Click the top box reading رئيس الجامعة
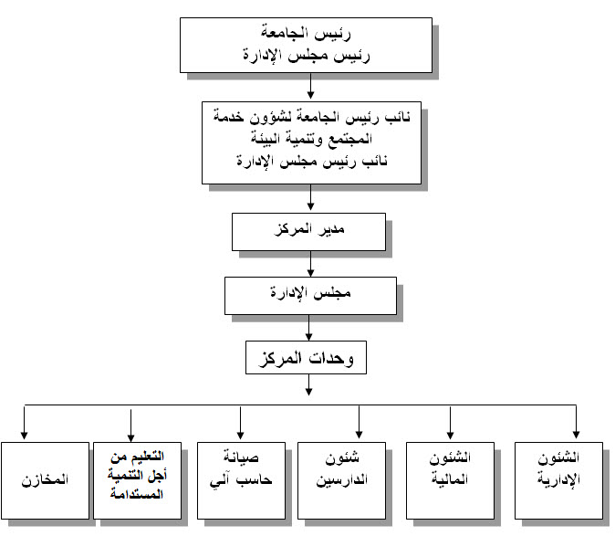click(x=306, y=45)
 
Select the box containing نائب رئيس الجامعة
click(x=311, y=142)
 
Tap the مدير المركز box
click(x=308, y=232)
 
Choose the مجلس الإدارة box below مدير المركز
click(x=310, y=296)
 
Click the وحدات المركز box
click(x=306, y=357)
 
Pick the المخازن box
click(x=45, y=480)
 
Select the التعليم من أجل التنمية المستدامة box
click(x=137, y=480)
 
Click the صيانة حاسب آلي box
click(x=241, y=480)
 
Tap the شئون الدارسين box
click(x=341, y=480)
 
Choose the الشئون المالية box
click(x=450, y=480)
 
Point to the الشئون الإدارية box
click(x=558, y=480)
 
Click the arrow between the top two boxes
click(x=310, y=86)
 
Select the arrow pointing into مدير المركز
click(x=310, y=197)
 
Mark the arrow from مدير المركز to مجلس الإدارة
click(x=310, y=264)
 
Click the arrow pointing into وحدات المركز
click(x=308, y=328)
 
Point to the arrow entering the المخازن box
click(x=25, y=422)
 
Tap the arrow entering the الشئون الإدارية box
click(x=576, y=422)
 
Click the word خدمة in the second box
click(x=229, y=117)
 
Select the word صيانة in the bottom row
click(x=241, y=457)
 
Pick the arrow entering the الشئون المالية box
click(x=450, y=422)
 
